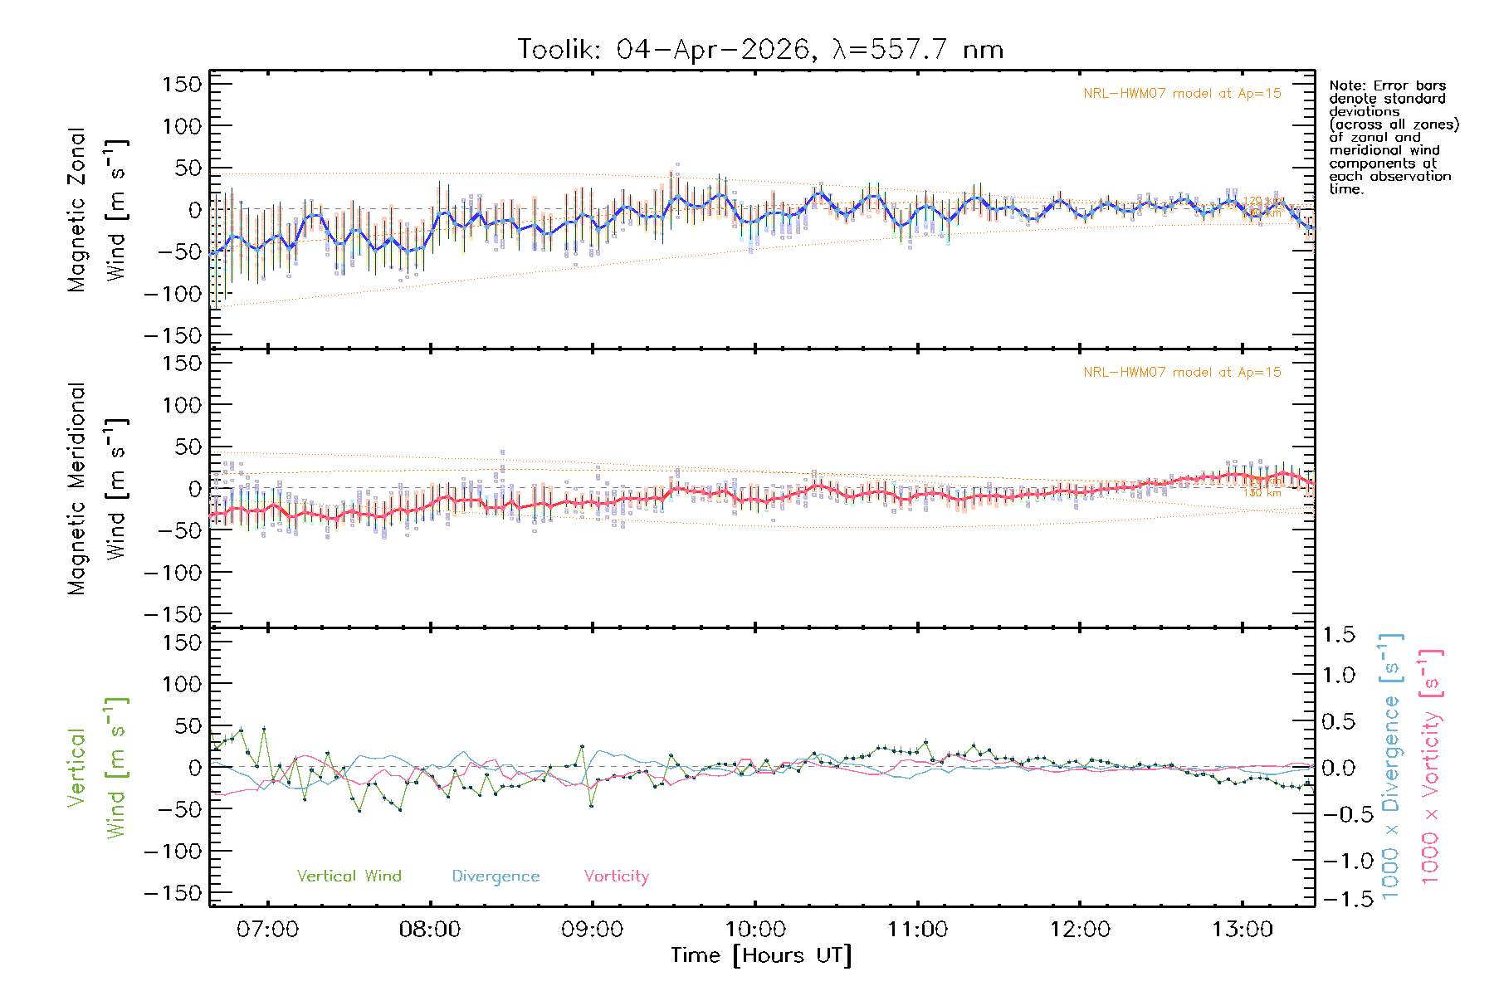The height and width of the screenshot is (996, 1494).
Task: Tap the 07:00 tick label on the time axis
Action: coord(267,929)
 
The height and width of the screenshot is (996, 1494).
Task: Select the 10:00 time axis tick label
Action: coord(754,929)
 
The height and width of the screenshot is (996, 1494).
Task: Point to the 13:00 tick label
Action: coord(1242,929)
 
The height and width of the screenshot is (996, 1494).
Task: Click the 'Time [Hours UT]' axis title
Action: coord(761,955)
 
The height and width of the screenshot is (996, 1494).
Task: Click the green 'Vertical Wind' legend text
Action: coord(349,876)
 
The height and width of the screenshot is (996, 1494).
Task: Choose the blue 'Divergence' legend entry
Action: coord(496,876)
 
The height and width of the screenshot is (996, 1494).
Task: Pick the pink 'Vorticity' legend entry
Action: coord(616,876)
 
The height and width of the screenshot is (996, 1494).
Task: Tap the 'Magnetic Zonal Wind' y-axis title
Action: coord(98,209)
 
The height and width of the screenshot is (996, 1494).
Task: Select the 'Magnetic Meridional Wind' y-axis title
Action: coord(98,488)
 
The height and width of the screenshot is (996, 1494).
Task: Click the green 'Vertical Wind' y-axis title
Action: coord(98,767)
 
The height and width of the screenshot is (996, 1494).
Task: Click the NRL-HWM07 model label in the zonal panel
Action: coord(1182,94)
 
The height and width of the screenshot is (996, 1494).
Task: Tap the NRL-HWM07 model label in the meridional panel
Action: coord(1182,373)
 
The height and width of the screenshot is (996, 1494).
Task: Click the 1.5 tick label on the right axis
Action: coord(1338,635)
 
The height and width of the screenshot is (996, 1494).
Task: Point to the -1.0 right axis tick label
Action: coord(1338,861)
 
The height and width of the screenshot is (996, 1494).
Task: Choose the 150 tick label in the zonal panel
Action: coord(182,85)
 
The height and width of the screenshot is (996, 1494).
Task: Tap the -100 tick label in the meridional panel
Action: coord(173,573)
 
